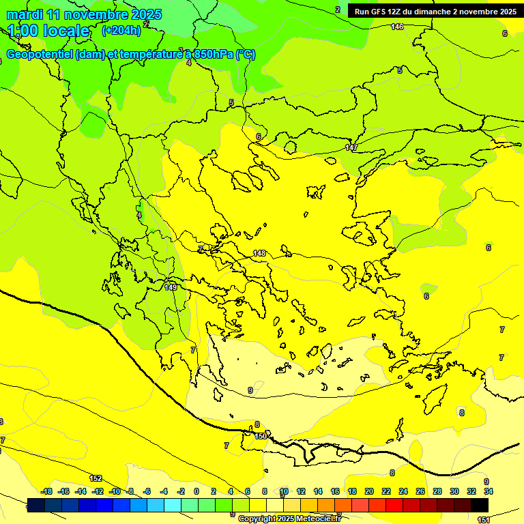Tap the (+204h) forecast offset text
(x=121, y=30)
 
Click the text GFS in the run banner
(x=381, y=12)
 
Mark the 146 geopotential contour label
(x=397, y=27)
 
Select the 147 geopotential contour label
(x=351, y=148)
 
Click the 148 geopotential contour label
(x=259, y=253)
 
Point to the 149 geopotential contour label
(x=171, y=287)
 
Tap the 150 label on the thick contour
(x=260, y=435)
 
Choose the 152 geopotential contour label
(x=96, y=478)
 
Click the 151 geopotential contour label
(x=483, y=519)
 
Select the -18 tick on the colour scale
(x=47, y=491)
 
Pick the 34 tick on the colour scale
(x=488, y=491)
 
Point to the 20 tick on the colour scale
(x=369, y=491)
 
